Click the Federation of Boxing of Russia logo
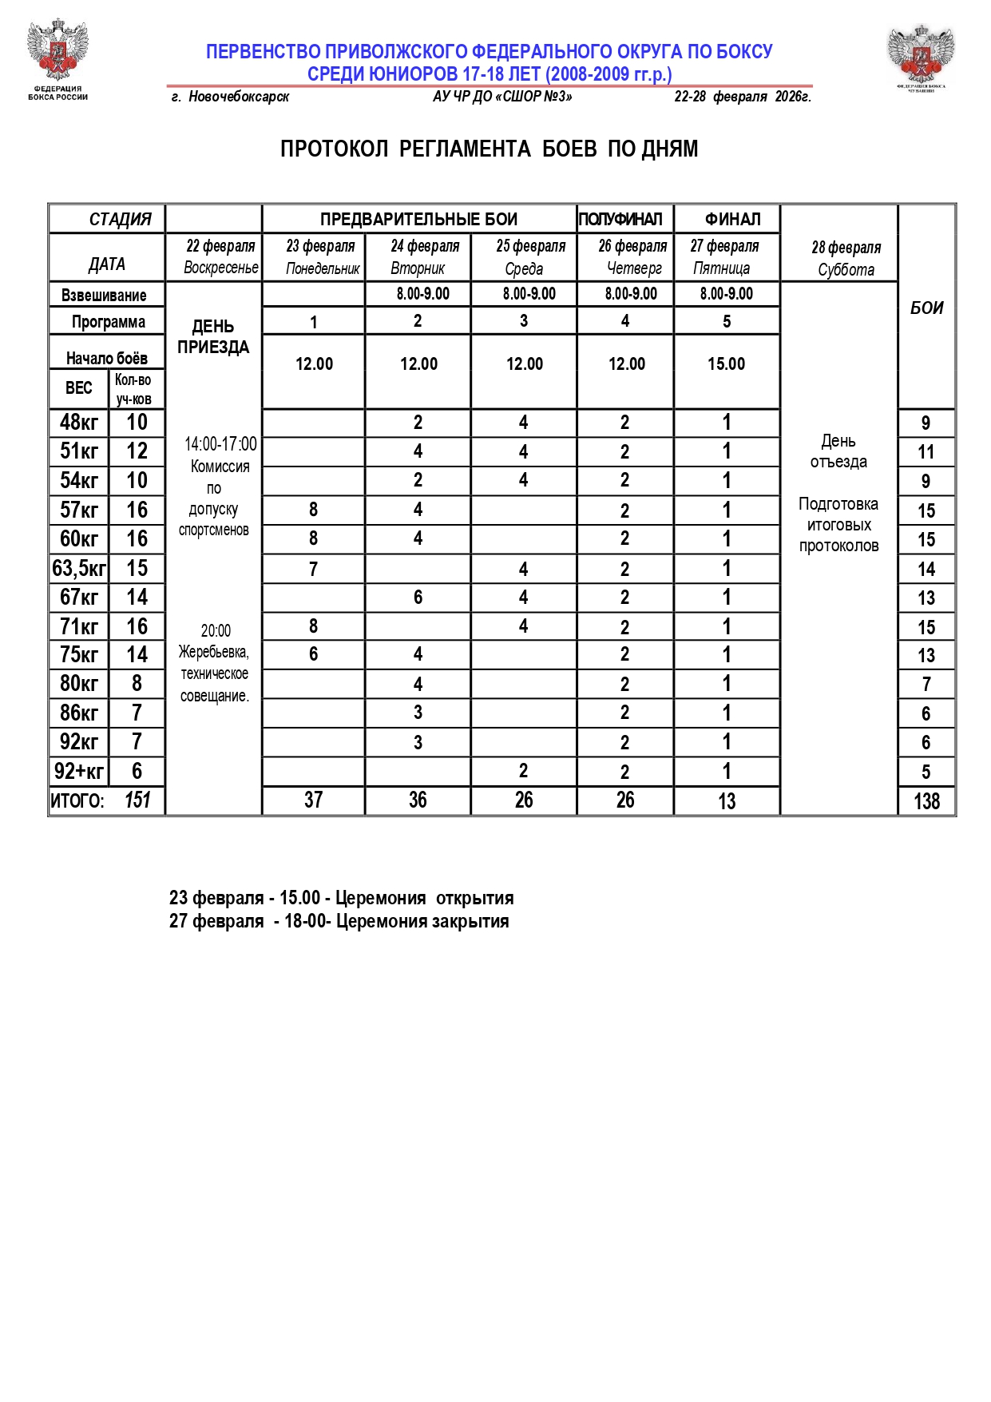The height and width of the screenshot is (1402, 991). (57, 58)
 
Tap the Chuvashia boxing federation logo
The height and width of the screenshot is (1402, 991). (921, 58)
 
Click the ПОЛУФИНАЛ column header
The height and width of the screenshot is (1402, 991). (620, 219)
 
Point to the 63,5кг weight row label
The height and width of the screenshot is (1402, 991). (78, 569)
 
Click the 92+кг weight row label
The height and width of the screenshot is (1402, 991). (78, 772)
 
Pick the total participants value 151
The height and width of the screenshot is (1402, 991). (137, 800)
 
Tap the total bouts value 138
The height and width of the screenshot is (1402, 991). (926, 801)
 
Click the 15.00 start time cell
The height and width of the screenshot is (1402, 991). (726, 364)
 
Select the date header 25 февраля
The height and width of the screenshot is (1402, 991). (530, 246)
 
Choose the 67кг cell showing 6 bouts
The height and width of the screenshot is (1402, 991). (418, 598)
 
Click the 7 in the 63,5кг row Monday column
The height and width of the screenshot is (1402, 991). (313, 570)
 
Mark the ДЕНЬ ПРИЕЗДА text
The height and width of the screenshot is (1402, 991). (213, 336)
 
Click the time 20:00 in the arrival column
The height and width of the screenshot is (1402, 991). (216, 631)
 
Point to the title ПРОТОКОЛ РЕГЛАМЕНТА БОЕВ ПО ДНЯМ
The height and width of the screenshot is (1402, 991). (489, 149)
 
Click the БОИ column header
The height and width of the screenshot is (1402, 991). (926, 308)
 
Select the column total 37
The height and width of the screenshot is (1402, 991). (313, 800)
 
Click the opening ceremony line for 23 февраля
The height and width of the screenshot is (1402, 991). (341, 898)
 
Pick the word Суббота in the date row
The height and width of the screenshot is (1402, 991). (846, 270)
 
